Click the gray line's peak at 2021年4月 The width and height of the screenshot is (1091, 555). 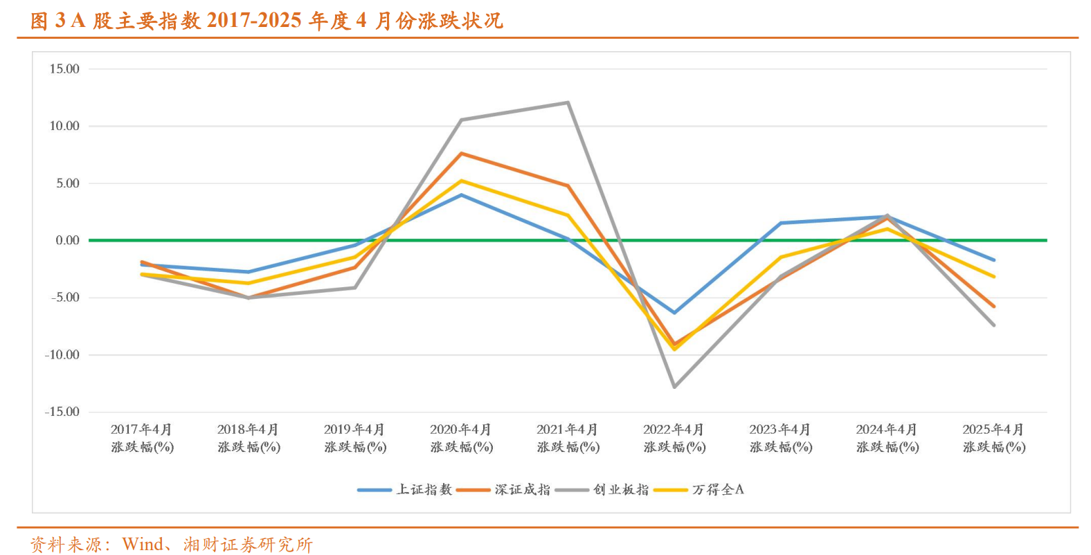(x=568, y=103)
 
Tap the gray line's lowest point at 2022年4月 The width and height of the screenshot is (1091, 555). (x=674, y=387)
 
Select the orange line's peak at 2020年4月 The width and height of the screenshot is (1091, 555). (x=461, y=153)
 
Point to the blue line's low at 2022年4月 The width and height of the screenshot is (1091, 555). (x=674, y=313)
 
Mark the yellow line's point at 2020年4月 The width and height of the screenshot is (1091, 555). (x=461, y=181)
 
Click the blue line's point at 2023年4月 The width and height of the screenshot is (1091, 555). (x=781, y=223)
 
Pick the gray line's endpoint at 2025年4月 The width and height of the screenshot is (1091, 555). (x=994, y=325)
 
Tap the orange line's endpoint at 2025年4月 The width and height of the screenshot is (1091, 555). (x=994, y=306)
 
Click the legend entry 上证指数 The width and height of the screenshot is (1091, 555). (x=424, y=490)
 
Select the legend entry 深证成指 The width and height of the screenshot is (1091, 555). (x=522, y=490)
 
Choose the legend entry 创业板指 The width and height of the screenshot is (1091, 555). (x=621, y=490)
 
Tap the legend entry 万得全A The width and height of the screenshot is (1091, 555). (x=718, y=490)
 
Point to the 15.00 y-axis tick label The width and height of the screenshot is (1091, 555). (x=64, y=69)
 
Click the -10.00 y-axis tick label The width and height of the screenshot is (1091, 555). (x=62, y=355)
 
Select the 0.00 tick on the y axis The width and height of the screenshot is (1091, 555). (x=67, y=241)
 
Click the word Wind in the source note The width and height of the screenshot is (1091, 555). (x=143, y=545)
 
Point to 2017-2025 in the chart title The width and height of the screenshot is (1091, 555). (x=254, y=21)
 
